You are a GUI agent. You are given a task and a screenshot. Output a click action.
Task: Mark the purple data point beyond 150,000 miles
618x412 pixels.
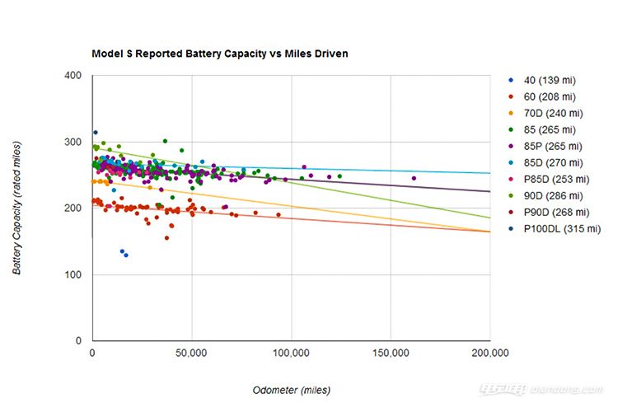coord(414,178)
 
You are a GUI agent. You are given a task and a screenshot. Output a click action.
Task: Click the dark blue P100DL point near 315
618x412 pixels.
coord(96,133)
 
